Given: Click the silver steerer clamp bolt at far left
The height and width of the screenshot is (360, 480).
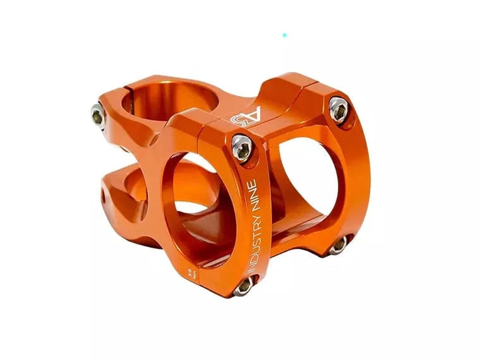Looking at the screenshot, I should [97, 116].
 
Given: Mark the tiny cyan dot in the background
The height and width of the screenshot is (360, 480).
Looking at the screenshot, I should [284, 35].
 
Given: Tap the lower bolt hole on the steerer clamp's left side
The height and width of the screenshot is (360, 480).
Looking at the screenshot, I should [105, 196].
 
